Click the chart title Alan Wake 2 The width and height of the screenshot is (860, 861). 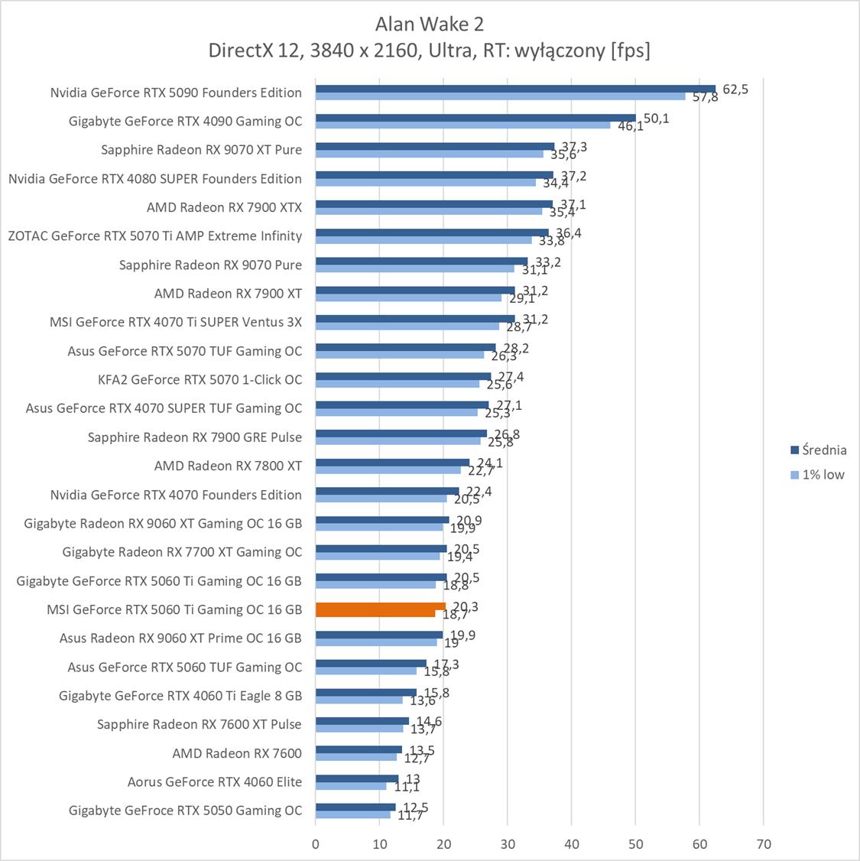[x=429, y=24]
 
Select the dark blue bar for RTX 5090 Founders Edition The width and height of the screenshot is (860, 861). [x=514, y=89]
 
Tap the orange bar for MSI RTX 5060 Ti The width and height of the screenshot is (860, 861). [x=380, y=609]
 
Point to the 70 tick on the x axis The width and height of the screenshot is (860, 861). [x=763, y=844]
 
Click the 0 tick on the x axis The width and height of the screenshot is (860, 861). [x=316, y=844]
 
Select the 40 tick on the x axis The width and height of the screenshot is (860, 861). [x=572, y=844]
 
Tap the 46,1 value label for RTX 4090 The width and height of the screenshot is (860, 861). [x=630, y=126]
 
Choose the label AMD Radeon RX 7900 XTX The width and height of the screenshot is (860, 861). [x=224, y=207]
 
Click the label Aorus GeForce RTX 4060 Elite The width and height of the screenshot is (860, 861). [x=215, y=781]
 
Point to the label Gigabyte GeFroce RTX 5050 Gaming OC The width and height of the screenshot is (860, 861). [x=185, y=811]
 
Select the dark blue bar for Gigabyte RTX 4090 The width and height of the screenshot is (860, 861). [x=475, y=118]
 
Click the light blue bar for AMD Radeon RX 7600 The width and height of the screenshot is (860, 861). [x=356, y=757]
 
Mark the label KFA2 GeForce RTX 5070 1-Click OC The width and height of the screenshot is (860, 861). [x=200, y=379]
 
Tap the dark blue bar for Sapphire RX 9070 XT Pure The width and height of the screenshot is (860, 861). [x=434, y=146]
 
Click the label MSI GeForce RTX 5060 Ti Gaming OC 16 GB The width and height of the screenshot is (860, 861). [x=174, y=609]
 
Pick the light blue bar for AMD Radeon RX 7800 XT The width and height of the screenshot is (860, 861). [x=388, y=469]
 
